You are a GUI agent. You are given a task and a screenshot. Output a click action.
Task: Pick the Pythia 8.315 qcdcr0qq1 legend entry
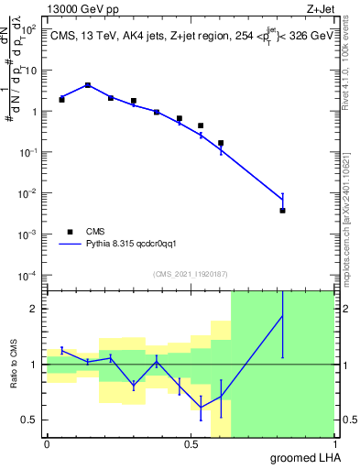(x=124, y=245)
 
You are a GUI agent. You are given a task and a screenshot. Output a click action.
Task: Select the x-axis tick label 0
(x=47, y=444)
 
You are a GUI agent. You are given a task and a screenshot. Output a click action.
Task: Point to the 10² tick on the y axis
(x=30, y=29)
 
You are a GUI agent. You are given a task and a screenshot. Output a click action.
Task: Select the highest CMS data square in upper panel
(x=88, y=85)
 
